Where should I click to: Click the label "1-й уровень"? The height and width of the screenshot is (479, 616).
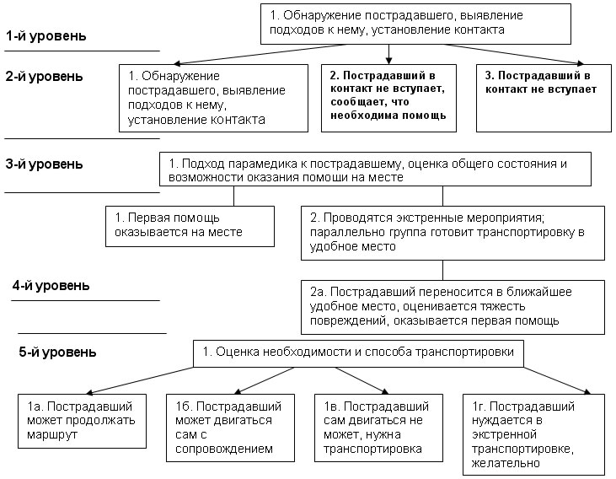tap(46, 36)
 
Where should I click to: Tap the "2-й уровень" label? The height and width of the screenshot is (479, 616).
tap(44, 76)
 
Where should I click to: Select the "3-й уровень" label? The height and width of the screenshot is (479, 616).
tap(44, 164)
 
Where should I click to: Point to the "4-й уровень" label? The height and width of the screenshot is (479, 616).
tap(51, 286)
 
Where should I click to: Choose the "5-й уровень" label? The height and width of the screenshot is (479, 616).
tap(57, 352)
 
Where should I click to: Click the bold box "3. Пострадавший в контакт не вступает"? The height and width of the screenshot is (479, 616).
tap(544, 99)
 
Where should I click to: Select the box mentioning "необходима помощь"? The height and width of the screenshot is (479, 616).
tap(389, 99)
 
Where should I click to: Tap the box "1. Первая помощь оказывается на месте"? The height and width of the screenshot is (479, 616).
tap(190, 227)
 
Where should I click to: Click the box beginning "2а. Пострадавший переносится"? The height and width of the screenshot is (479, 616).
tap(453, 307)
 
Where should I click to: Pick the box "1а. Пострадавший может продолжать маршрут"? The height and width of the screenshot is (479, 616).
tap(82, 421)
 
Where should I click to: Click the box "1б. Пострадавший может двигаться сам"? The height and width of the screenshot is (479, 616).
tap(230, 428)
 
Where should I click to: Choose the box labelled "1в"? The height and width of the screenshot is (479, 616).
tap(378, 428)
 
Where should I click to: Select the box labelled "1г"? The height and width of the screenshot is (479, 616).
tap(533, 434)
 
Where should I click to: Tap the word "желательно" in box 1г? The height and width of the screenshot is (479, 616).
tap(506, 463)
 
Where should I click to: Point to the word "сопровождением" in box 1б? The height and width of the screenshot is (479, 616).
tap(224, 449)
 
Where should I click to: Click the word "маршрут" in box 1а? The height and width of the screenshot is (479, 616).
tap(52, 435)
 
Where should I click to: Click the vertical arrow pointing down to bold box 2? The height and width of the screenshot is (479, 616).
tap(389, 54)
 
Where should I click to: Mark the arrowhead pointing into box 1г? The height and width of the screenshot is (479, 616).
tap(587, 391)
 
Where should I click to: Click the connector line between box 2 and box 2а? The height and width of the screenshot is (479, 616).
tap(442, 270)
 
